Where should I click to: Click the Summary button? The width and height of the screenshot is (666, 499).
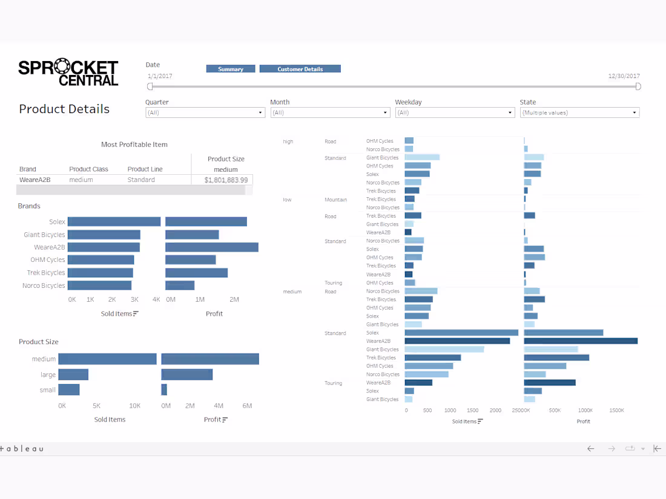click(230, 69)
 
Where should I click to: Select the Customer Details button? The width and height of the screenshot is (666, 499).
click(300, 69)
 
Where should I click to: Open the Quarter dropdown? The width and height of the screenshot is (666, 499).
click(205, 113)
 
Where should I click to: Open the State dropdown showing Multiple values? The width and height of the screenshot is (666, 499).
click(579, 113)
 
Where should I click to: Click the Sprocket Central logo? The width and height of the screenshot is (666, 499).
click(68, 73)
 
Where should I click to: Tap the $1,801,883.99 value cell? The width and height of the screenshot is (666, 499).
click(226, 180)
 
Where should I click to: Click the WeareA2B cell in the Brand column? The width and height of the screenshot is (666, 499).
click(35, 180)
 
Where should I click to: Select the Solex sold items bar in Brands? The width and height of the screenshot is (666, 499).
click(114, 222)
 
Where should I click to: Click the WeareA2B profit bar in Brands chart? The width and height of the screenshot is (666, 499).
click(212, 247)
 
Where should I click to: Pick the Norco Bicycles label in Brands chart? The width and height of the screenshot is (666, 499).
click(44, 285)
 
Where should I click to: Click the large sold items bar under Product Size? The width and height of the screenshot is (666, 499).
click(73, 374)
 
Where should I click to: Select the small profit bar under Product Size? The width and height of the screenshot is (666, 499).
click(164, 390)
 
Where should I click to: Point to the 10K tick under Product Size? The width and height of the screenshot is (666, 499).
click(134, 406)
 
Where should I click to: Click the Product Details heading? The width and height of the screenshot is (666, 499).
click(64, 109)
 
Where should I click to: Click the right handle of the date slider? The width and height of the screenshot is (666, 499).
click(638, 86)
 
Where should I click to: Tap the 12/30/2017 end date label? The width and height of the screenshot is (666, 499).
click(624, 76)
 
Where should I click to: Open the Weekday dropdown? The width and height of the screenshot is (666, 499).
click(455, 113)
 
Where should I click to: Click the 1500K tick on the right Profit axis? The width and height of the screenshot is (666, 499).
click(616, 410)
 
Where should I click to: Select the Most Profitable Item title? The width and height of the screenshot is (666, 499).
click(134, 145)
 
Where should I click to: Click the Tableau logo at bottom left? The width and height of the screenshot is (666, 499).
click(22, 449)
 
